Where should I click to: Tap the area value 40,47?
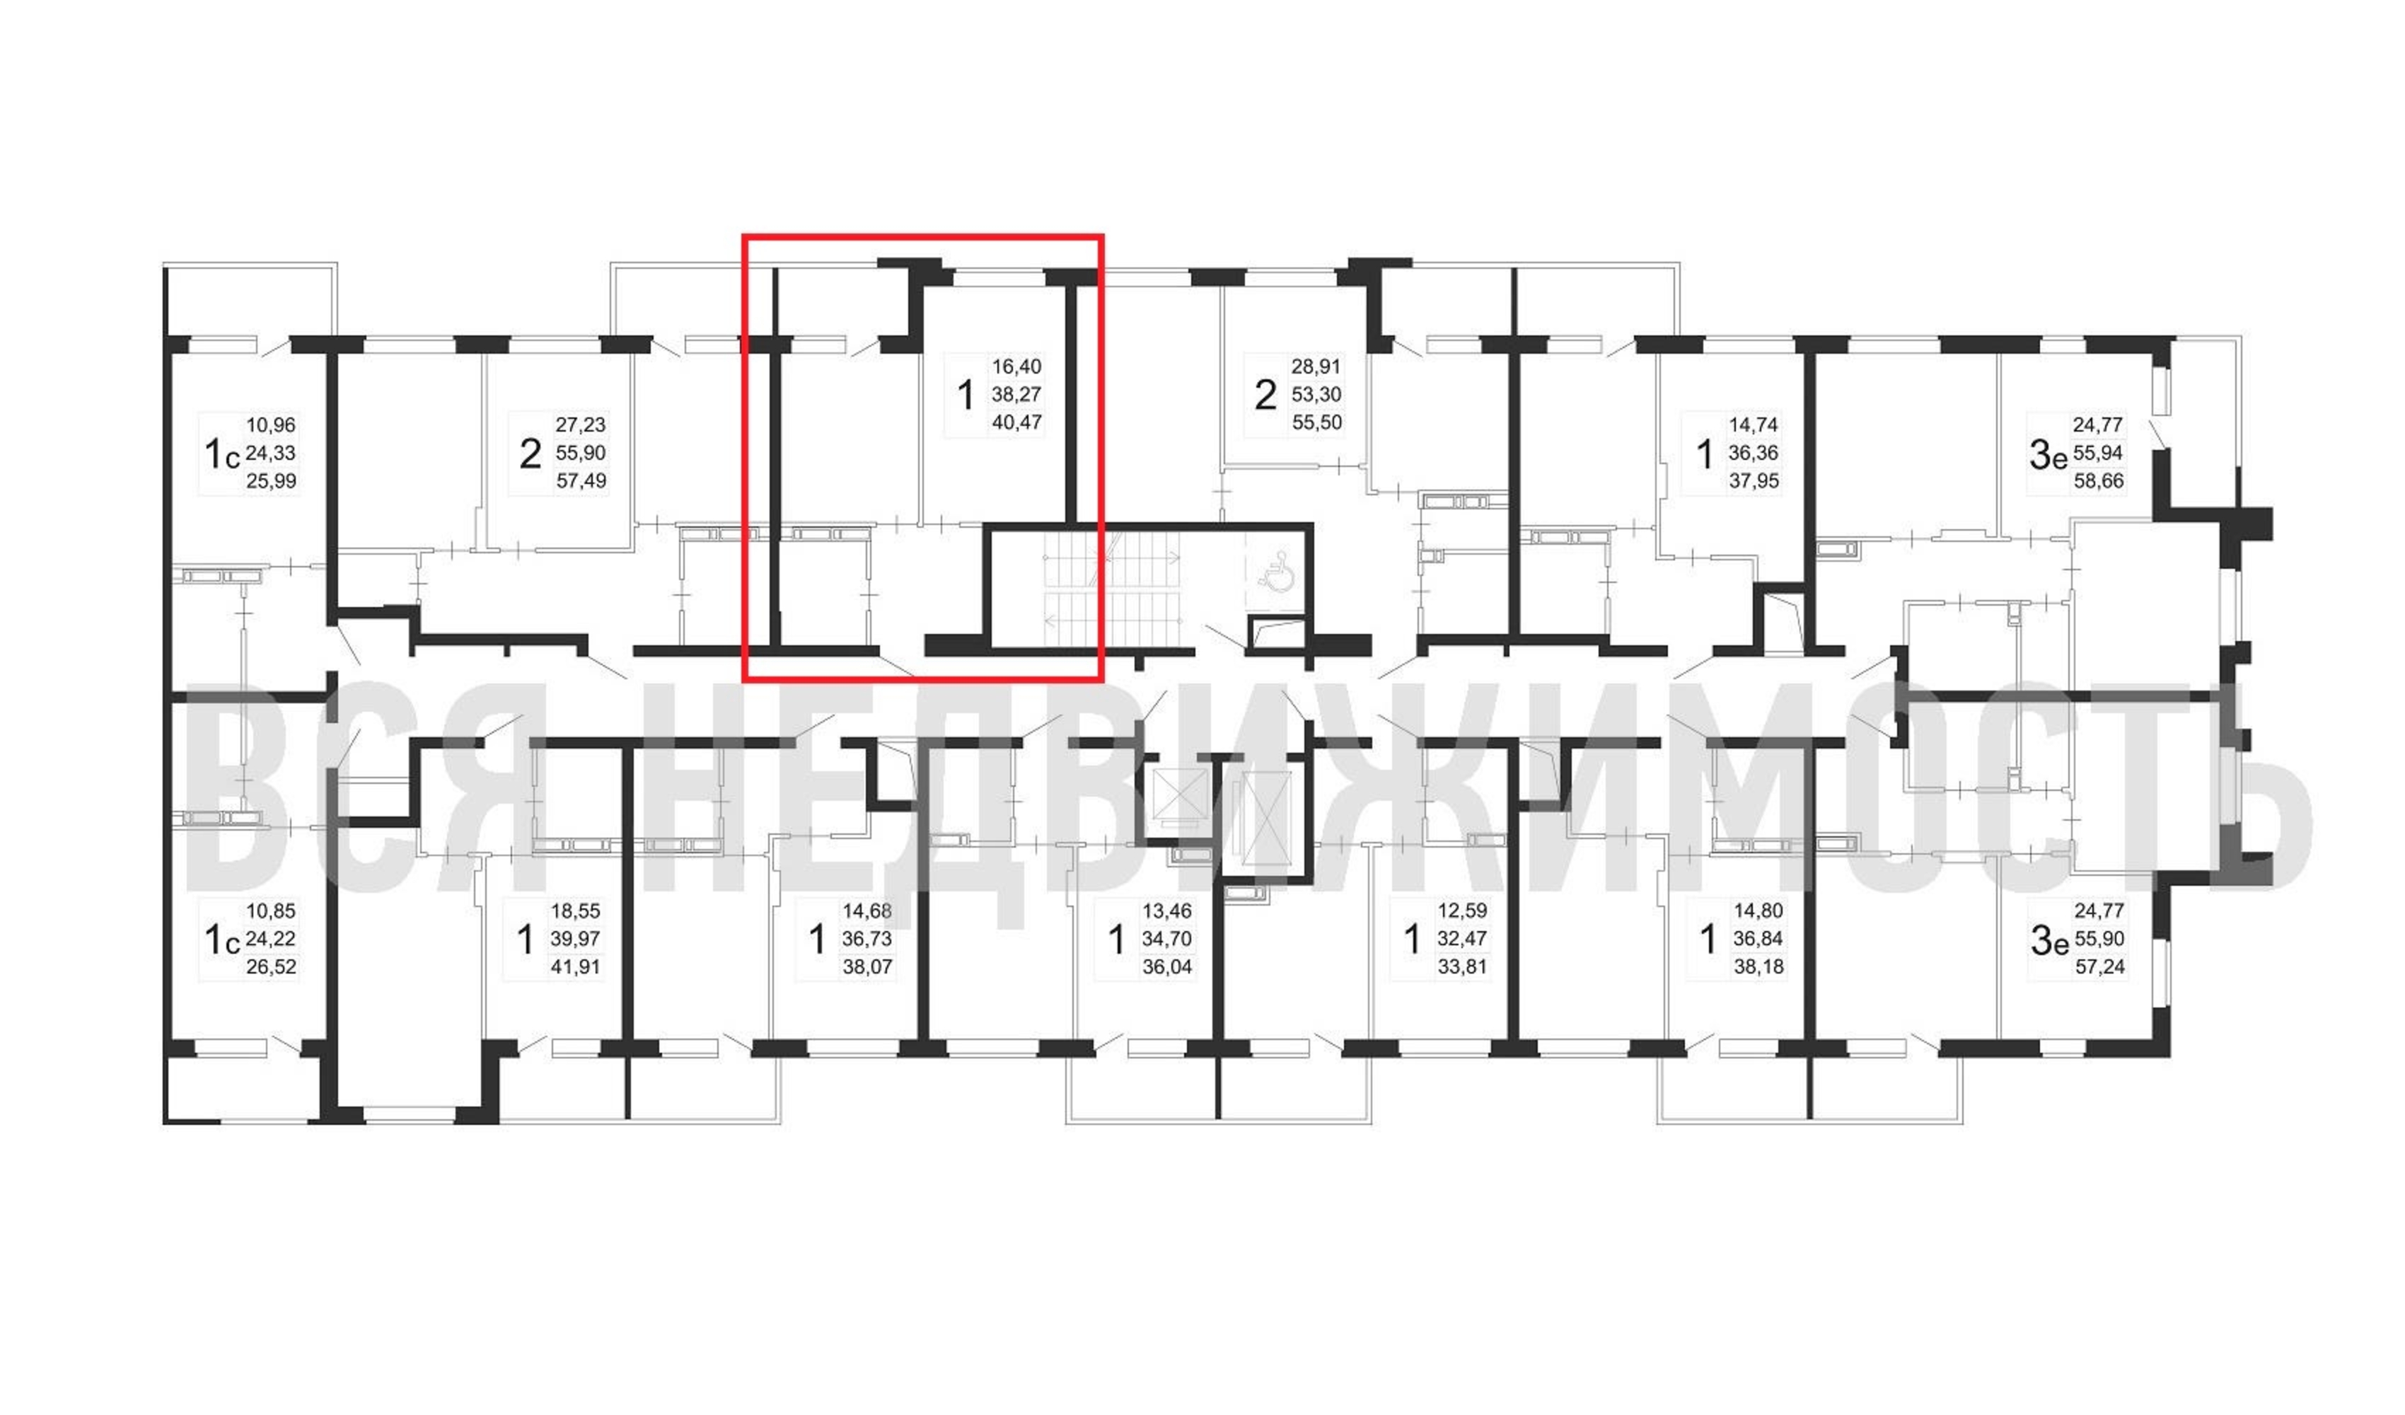coord(1016,422)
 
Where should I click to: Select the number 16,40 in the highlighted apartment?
coord(1016,366)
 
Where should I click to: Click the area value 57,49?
coord(581,481)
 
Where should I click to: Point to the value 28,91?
coord(1316,366)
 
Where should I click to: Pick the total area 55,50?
coord(1317,422)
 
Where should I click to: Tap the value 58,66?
coord(2099,481)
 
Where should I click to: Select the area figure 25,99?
coord(271,481)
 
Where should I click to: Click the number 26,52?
coord(271,967)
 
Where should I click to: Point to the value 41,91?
coord(576,967)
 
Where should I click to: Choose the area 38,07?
coord(867,967)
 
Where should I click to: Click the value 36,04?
coord(1167,967)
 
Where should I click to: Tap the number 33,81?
coord(1462,967)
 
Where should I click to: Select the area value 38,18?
coord(1759,967)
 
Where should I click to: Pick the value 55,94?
coord(2098,454)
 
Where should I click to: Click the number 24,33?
coord(271,454)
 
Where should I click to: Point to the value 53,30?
coord(1316,394)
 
